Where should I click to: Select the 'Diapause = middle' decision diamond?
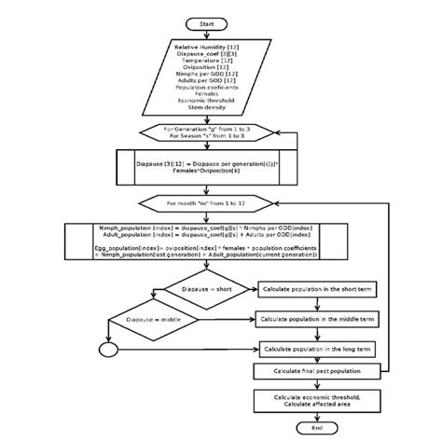pyautogui.click(x=155, y=320)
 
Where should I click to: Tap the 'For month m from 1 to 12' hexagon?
pyautogui.click(x=208, y=201)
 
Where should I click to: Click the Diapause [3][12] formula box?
pyautogui.click(x=208, y=169)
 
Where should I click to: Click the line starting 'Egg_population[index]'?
pyautogui.click(x=208, y=249)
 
